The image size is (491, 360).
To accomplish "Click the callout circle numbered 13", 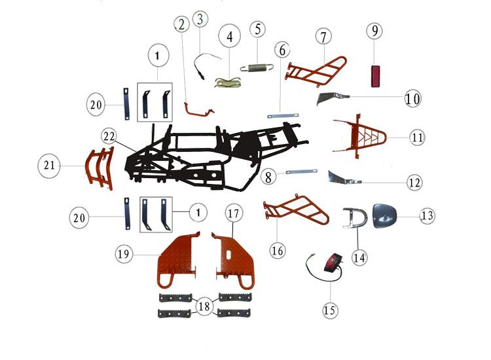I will [428, 215].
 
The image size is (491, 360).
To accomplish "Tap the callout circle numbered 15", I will [331, 310].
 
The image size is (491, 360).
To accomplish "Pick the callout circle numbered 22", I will [109, 137].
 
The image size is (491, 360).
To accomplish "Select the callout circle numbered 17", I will [234, 213].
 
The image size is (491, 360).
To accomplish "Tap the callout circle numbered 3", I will [200, 19].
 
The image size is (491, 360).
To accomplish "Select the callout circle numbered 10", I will [412, 99].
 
